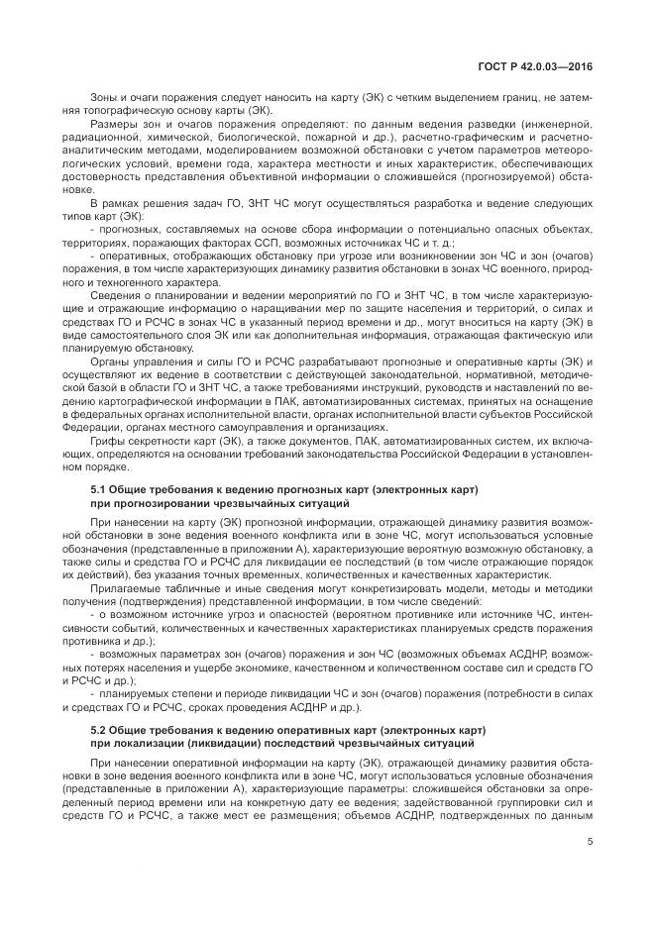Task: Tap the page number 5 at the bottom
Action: tap(590, 843)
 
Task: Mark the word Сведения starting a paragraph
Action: tap(115, 298)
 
